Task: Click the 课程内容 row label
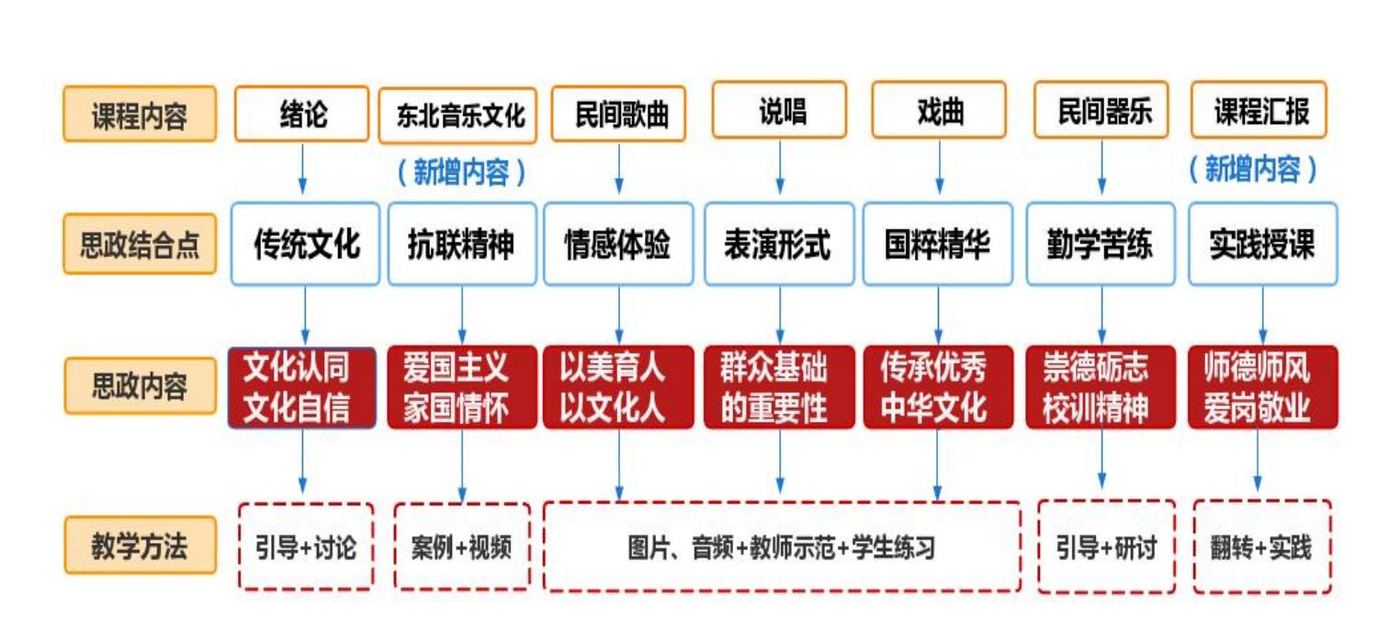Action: coord(140,115)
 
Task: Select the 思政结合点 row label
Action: coord(140,245)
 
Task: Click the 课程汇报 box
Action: coord(1260,112)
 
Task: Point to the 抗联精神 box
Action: coord(461,244)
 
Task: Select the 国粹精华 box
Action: coord(937,244)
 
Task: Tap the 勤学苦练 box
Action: coord(1100,244)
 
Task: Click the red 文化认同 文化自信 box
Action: coord(301,388)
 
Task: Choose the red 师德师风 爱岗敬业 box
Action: coord(1260,388)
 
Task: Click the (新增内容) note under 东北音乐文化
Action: coord(462,173)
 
